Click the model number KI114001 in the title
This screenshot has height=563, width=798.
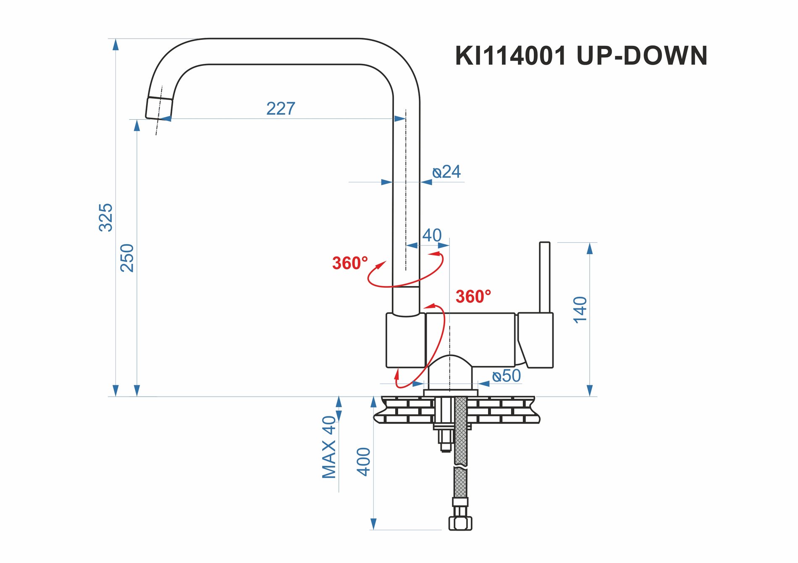511,56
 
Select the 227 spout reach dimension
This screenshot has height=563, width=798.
281,109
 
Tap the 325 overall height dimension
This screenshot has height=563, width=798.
106,217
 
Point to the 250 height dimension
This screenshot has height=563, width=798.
127,258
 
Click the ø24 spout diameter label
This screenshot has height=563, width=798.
446,172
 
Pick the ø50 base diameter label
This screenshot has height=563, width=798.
507,376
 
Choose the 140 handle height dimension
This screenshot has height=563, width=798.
580,310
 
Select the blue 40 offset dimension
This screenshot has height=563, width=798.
432,235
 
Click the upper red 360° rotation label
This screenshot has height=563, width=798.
350,263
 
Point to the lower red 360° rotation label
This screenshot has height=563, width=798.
473,297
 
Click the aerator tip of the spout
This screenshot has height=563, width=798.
159,108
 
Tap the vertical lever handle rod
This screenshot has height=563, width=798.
544,277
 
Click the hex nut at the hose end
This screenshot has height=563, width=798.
460,523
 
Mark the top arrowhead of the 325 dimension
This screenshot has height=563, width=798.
115,45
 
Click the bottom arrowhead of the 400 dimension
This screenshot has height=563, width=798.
373,524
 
